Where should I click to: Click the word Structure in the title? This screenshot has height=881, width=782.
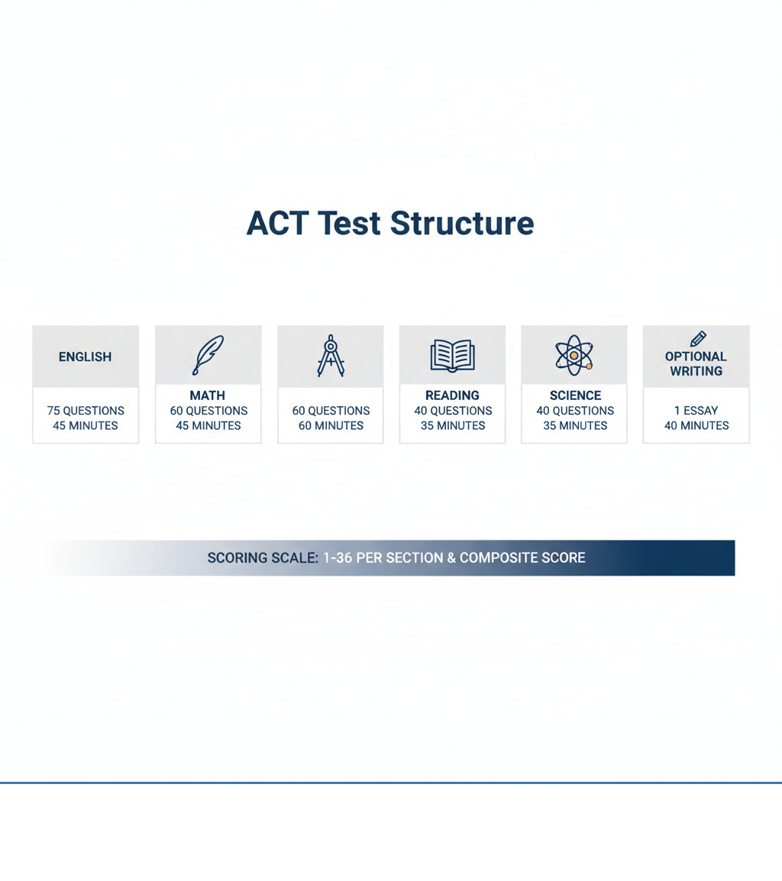[462, 223]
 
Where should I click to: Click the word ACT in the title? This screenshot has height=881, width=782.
[276, 223]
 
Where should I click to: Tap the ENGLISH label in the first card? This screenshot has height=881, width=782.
[85, 357]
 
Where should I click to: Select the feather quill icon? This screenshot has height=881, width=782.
[208, 355]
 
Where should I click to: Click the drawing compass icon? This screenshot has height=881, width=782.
[331, 355]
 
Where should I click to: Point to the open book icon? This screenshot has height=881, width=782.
[452, 356]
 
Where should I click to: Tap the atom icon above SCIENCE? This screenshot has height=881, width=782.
[574, 355]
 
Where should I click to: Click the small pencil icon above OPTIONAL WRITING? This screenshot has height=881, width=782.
[697, 338]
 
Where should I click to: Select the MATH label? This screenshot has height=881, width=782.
[207, 395]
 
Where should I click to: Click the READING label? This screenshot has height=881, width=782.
[452, 395]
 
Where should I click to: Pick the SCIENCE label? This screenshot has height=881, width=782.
[575, 395]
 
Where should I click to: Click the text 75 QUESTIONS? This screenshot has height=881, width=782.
[86, 411]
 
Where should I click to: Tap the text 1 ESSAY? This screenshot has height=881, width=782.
[696, 411]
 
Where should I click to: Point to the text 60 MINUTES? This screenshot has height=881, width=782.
[331, 426]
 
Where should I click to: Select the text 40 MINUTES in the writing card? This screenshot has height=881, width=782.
[696, 426]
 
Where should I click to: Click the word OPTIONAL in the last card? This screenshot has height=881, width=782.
[696, 357]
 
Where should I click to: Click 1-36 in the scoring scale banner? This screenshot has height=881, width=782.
[338, 558]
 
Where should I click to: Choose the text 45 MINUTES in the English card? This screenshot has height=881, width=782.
[86, 426]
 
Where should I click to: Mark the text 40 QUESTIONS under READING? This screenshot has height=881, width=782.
[452, 411]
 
